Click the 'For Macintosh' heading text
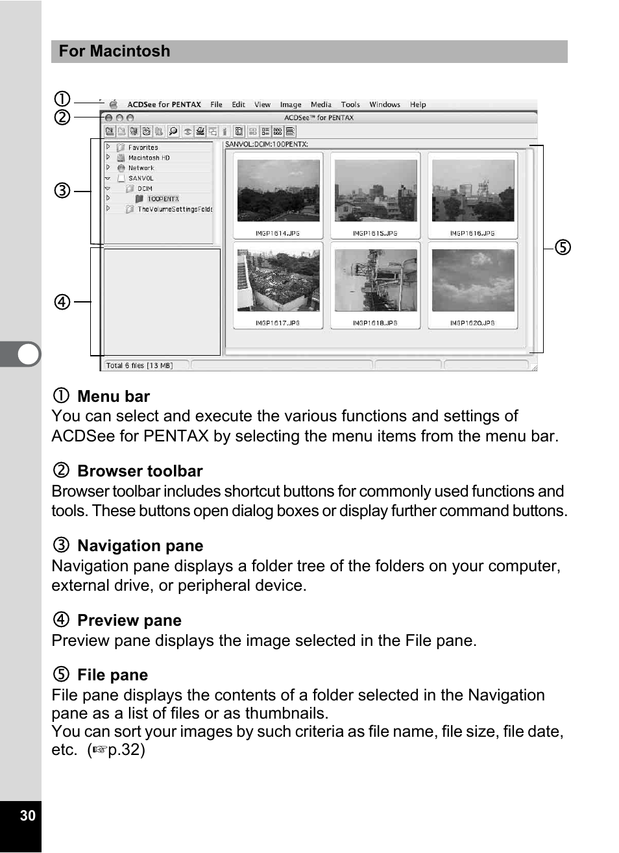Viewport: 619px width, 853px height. coord(114,51)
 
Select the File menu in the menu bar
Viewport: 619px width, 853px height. coord(216,105)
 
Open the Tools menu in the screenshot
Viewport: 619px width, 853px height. coord(350,105)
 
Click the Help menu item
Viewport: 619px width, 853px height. coord(418,105)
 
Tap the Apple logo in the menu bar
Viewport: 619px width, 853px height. coord(114,104)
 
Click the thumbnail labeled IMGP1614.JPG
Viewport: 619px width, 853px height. coord(278,191)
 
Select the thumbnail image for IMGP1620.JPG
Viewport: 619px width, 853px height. coord(473,280)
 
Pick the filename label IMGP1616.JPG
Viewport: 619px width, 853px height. coord(472,233)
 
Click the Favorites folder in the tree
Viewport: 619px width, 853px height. coord(143,147)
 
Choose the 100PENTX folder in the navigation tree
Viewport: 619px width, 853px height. coord(163,199)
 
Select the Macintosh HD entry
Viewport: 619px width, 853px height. coord(149,158)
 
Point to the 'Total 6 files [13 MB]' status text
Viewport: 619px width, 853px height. coord(140,365)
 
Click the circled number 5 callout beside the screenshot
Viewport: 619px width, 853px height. coord(563,247)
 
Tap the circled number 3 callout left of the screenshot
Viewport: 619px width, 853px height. coord(62,191)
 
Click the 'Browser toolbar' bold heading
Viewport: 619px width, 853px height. coord(140,471)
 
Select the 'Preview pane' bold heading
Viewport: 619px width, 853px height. coord(129,621)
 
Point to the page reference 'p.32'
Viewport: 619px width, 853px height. coord(123,750)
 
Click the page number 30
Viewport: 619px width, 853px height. coord(27,816)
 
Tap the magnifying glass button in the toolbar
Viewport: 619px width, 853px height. coord(173,131)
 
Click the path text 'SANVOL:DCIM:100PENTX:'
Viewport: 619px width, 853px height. coord(267,144)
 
